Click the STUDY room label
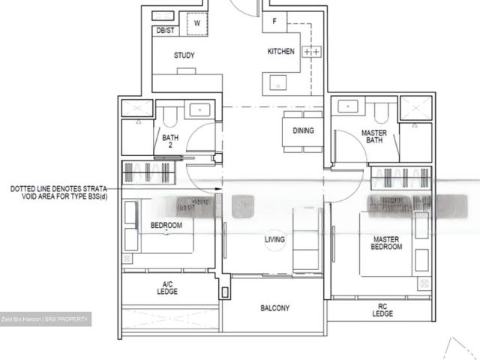click(x=184, y=55)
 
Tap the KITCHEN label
click(x=281, y=52)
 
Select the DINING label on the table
click(x=303, y=130)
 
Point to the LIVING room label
click(x=275, y=240)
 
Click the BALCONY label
click(x=275, y=308)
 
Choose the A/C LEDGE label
click(x=168, y=288)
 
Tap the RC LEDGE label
click(x=382, y=309)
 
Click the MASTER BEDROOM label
click(x=386, y=243)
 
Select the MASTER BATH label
click(x=373, y=136)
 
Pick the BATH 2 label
click(x=170, y=142)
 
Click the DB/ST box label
click(x=165, y=31)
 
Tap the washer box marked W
click(x=196, y=23)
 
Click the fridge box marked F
click(x=274, y=22)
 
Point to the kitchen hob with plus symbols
click(x=311, y=52)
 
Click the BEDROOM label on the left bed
click(x=166, y=225)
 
